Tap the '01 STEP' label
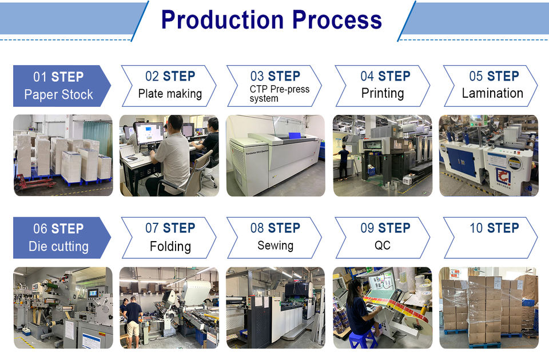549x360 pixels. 58,77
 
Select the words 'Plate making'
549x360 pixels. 170,94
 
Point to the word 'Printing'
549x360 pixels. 383,93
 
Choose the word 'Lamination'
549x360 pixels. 492,93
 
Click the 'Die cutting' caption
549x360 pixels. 58,247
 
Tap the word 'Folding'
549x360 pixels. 170,246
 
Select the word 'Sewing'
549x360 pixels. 275,246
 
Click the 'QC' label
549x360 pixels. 383,246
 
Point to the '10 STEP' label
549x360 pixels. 494,228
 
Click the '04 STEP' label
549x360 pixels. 385,77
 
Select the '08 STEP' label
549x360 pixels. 275,228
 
